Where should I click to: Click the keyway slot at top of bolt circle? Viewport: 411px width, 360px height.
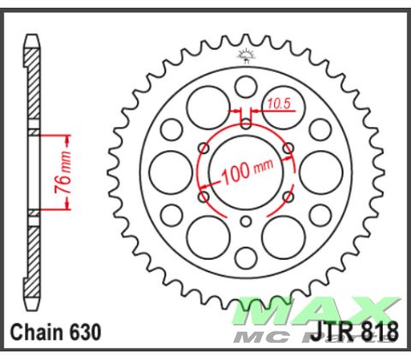(x=246, y=120)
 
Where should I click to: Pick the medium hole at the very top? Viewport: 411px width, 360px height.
(x=246, y=86)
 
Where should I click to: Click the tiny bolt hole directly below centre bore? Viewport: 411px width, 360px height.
(x=246, y=221)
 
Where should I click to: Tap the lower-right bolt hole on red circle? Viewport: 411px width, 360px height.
(x=287, y=196)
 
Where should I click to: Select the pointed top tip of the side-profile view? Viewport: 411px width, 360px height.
(x=32, y=37)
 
